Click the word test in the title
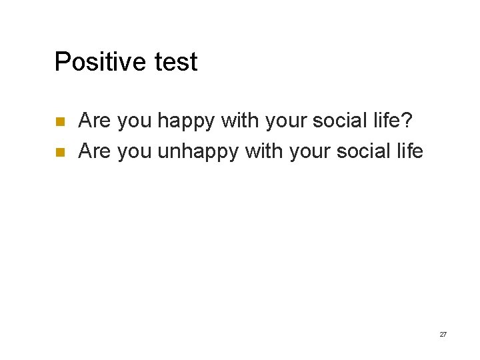coord(176,62)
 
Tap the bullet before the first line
coord(59,122)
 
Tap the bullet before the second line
coord(59,152)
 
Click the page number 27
coord(443,334)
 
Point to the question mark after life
coord(407,121)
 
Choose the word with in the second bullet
coord(263,151)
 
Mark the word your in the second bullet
coord(312,152)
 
